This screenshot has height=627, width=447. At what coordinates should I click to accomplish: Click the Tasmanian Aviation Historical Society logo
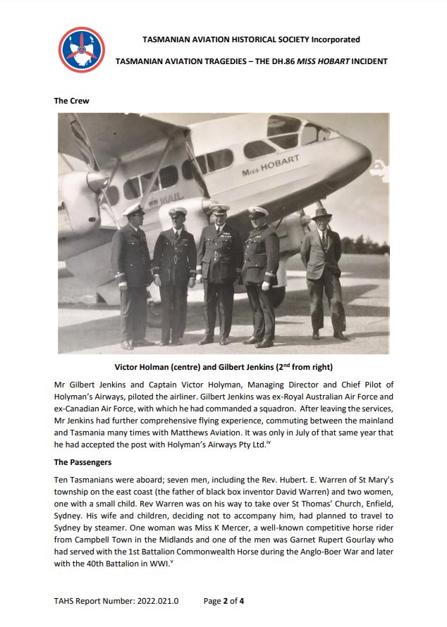point(82,49)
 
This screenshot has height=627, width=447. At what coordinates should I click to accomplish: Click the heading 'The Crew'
point(71,101)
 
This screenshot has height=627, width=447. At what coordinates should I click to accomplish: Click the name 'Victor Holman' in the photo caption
point(143,366)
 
